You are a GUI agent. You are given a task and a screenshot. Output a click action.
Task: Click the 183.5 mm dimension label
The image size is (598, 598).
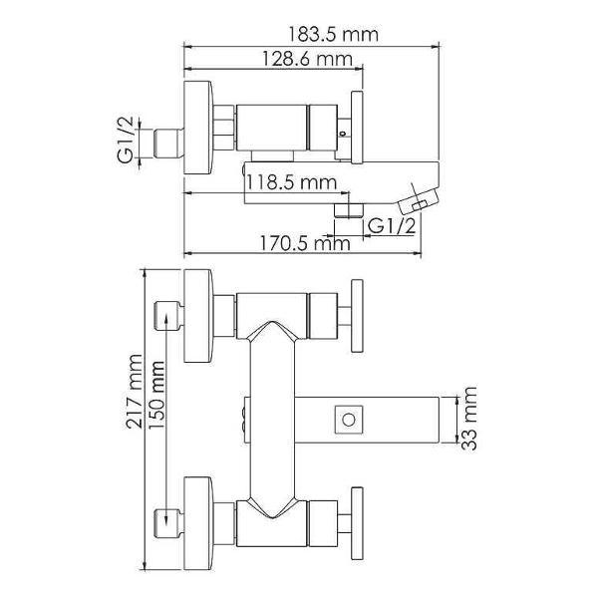coord(333,34)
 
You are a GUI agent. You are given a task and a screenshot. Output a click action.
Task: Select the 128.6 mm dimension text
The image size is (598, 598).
coord(307,59)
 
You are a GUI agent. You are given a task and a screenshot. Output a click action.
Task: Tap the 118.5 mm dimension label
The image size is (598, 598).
coord(291,182)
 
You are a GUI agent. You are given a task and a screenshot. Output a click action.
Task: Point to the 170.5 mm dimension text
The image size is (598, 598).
coord(305,243)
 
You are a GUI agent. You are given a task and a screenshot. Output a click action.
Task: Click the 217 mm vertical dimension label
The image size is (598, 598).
coord(135,392)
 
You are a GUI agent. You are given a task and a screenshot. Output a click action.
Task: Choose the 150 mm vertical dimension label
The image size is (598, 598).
coord(156,395)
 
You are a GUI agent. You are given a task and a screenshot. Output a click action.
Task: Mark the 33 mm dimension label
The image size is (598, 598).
coord(468,419)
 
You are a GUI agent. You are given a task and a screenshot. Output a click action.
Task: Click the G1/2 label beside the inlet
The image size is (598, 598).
coord(126,140)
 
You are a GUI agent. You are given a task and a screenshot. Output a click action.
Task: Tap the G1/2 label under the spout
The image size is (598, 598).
coord(392,226)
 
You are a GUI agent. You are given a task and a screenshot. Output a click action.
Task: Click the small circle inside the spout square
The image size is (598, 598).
coord(349,420)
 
